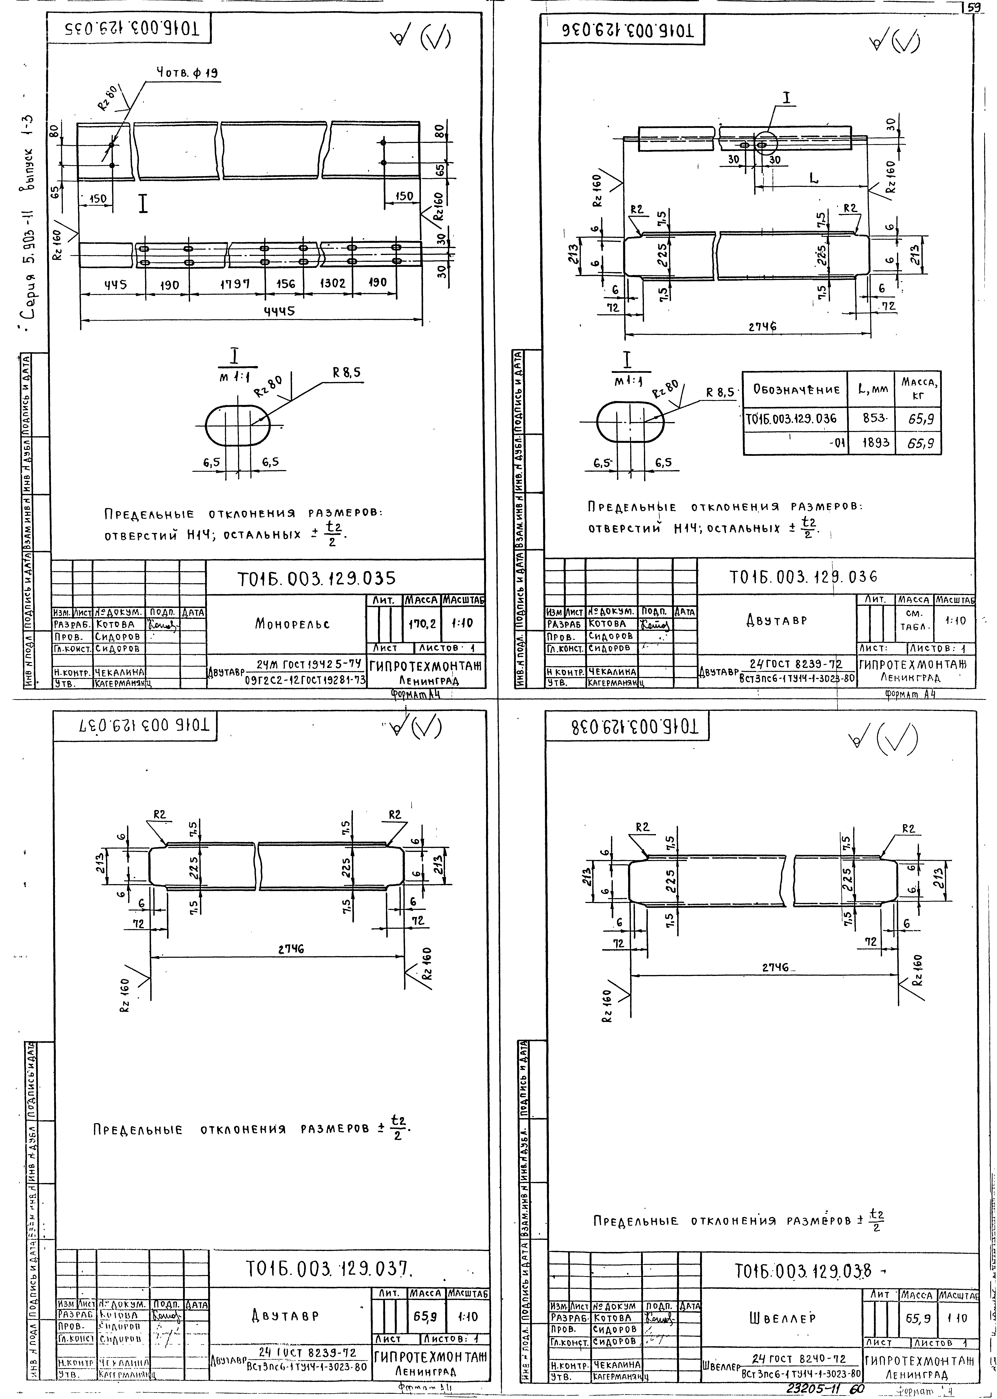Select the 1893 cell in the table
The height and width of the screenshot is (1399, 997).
pyautogui.click(x=871, y=442)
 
